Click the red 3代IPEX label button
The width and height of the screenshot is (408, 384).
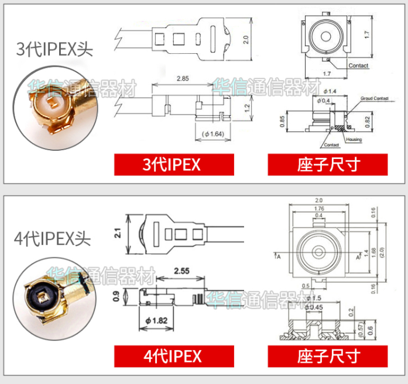point(173,164)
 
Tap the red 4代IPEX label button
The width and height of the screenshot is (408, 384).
point(173,355)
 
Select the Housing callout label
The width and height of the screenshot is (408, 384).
point(354,140)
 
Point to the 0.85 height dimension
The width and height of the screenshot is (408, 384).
point(282,120)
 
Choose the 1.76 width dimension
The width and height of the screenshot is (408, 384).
point(318,209)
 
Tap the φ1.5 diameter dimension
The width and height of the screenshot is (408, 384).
point(315,298)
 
